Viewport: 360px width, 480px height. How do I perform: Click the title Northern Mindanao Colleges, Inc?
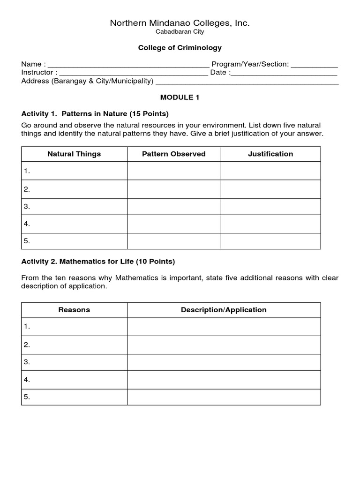pos(180,23)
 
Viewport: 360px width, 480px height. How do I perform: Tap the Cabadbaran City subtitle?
pos(180,32)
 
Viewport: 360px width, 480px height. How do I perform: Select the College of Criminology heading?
pos(180,48)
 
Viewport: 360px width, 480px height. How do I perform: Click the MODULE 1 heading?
pos(180,97)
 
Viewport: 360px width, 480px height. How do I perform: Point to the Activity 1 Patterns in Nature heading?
pos(95,114)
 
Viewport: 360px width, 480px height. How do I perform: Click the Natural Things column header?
pos(74,154)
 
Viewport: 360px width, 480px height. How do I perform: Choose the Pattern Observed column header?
pos(174,154)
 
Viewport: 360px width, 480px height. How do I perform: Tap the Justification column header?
pos(270,154)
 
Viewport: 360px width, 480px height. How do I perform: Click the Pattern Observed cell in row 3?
pos(174,207)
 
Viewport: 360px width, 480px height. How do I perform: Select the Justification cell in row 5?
pos(270,241)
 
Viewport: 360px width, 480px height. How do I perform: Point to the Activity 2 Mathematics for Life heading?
pos(98,262)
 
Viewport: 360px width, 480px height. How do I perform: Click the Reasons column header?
pos(74,310)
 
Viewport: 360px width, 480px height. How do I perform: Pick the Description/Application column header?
pos(224,310)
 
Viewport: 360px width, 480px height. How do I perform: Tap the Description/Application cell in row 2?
pos(224,345)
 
